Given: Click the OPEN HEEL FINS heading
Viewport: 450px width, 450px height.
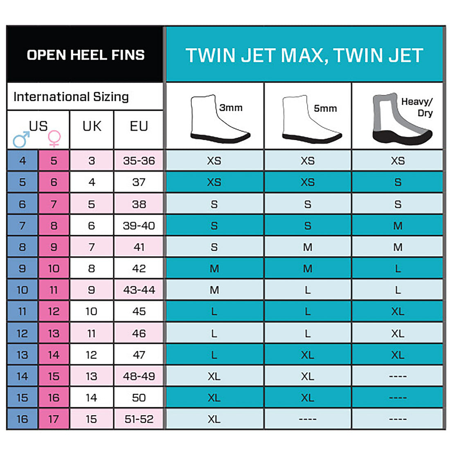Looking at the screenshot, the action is (85, 55).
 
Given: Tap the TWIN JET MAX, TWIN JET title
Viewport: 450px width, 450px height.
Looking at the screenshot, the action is (304, 55).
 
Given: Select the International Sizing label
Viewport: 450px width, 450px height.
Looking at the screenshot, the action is (71, 97).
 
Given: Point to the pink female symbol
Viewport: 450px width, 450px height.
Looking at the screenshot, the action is (54, 139).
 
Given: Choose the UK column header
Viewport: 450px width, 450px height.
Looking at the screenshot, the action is (92, 126).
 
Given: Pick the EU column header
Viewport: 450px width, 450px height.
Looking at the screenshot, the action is (139, 126).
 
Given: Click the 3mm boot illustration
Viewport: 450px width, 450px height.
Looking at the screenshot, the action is (220, 119).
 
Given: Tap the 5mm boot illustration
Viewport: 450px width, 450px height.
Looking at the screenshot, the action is (311, 119).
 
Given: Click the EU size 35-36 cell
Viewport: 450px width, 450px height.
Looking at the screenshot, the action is (139, 160).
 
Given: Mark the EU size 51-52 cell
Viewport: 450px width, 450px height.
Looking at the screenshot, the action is (139, 419).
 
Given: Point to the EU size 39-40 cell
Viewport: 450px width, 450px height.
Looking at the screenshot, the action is (139, 225).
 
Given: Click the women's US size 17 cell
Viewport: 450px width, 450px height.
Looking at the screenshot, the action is (54, 419).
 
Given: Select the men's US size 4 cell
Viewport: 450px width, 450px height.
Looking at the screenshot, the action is (22, 160).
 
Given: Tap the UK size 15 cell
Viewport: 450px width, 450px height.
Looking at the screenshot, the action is (92, 419).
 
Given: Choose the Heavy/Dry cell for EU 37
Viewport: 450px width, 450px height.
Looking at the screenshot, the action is (398, 182).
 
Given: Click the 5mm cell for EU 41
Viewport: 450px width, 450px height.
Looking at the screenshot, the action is (308, 247).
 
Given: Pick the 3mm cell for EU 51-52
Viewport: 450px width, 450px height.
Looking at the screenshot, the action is (214, 419).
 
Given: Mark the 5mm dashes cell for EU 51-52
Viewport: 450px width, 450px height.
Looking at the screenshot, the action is (308, 419).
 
